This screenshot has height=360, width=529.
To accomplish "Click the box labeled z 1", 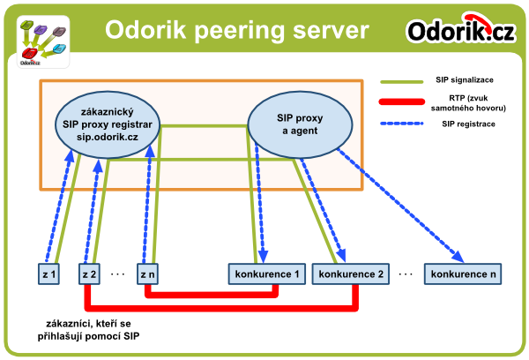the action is click(48, 274).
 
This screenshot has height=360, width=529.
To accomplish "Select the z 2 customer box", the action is click(89, 274).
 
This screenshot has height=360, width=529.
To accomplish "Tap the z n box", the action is click(147, 274).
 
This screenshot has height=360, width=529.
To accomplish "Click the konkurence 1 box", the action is click(267, 274).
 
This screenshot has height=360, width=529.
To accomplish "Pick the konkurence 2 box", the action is click(351, 274).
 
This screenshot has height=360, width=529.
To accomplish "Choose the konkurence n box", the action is click(463, 274).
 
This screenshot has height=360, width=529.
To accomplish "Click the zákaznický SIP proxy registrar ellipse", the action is click(108, 124).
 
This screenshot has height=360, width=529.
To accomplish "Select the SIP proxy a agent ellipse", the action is click(300, 124).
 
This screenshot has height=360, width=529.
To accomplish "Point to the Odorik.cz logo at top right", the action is click(461, 29).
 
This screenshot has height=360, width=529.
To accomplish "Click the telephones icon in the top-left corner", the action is click(43, 42).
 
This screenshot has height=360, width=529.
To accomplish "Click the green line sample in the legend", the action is click(401, 82).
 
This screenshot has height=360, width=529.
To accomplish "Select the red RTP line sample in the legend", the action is click(401, 101).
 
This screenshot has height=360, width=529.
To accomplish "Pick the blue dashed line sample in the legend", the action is click(401, 124).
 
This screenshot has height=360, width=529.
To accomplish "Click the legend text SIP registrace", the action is click(468, 124).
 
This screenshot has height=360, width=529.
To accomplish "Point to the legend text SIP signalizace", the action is click(465, 80).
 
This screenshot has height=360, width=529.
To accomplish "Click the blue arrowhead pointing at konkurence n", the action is click(458, 257).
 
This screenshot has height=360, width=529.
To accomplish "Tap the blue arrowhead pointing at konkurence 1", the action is click(263, 256).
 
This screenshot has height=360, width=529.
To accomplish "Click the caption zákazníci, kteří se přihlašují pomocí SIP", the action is click(88, 330).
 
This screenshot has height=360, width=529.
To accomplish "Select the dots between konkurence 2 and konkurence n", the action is click(406, 274).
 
